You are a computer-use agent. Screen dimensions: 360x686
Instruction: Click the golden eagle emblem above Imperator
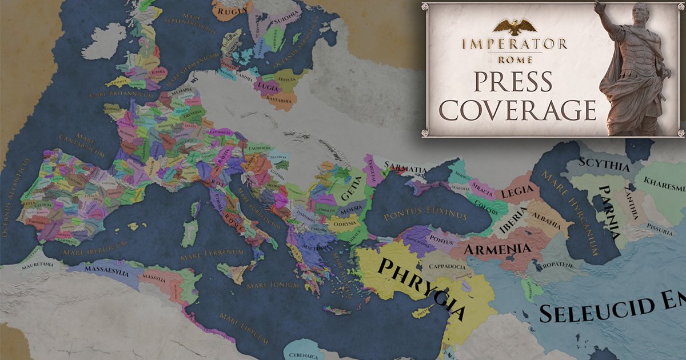coord(514,26)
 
